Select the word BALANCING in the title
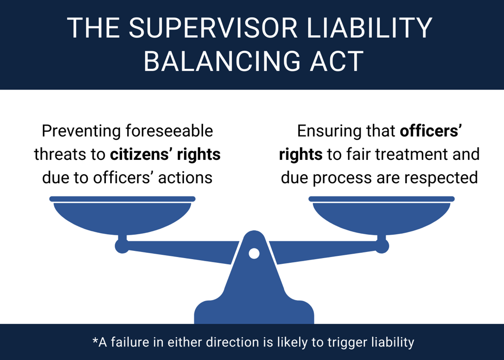[222, 61]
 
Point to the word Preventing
[81, 131]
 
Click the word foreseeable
[169, 131]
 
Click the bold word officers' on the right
[431, 131]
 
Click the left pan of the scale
[122, 215]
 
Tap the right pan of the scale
[381, 215]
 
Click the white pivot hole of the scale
[254, 253]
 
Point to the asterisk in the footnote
[95, 339]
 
